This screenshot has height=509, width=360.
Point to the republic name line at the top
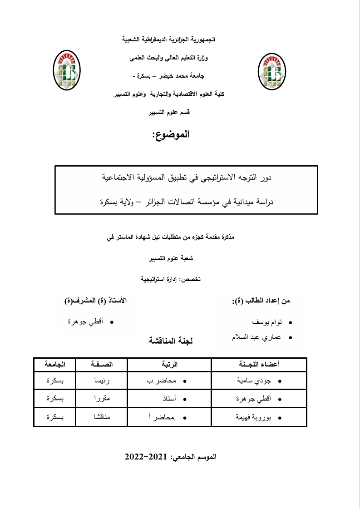click(169, 40)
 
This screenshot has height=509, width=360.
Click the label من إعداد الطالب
click(261, 301)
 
